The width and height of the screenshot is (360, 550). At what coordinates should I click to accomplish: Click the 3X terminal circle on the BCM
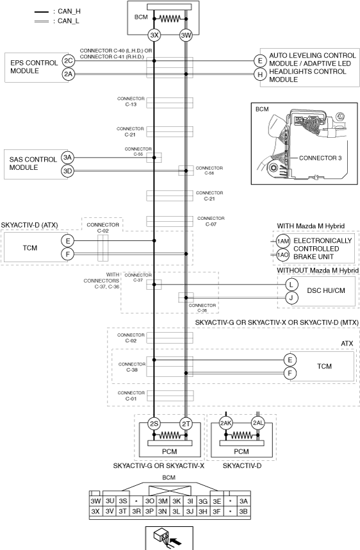[154, 35]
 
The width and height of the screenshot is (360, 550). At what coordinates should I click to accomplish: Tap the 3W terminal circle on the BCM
[186, 35]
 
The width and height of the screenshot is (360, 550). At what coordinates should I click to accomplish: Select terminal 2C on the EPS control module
[68, 61]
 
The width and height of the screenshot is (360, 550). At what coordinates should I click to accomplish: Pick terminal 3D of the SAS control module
[67, 171]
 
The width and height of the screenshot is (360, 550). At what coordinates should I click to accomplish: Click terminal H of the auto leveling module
[259, 74]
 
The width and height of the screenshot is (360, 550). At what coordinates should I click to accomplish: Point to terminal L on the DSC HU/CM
[291, 285]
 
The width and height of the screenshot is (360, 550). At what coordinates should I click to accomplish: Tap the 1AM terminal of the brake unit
[282, 241]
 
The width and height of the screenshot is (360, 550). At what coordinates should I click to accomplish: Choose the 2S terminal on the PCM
[154, 424]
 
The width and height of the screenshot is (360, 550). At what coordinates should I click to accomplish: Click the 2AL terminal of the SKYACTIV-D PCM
[258, 423]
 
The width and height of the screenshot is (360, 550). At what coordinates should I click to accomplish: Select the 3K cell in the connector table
[176, 501]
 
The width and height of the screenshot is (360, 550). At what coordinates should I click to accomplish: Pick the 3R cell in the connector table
[136, 512]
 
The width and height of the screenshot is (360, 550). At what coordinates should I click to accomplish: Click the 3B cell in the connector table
[243, 512]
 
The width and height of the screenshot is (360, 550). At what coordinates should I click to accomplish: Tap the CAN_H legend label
[69, 12]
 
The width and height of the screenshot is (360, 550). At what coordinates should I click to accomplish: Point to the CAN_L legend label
[69, 21]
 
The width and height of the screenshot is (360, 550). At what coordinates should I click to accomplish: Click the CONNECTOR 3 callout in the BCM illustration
[320, 158]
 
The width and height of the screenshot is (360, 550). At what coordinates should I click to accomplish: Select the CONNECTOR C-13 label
[131, 101]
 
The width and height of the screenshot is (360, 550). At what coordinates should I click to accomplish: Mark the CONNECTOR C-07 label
[211, 221]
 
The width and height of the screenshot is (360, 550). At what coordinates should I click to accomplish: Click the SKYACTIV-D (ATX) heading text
[29, 225]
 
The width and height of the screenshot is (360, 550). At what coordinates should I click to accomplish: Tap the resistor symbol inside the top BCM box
[170, 19]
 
